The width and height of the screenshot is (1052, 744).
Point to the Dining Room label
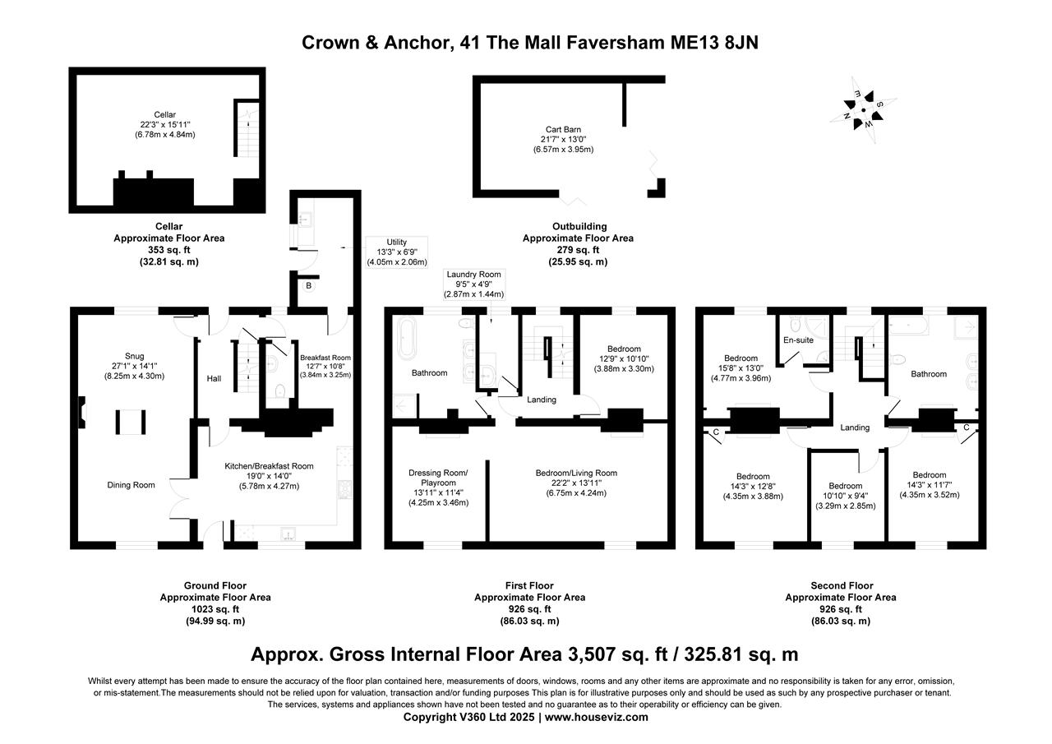(x=131, y=485)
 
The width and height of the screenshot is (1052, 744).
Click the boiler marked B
(x=308, y=286)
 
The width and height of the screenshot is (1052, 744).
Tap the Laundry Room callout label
(x=473, y=284)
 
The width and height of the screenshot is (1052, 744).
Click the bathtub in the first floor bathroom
(x=408, y=339)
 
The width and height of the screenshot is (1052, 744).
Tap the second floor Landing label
(x=855, y=427)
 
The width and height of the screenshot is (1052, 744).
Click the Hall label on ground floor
(x=215, y=378)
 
